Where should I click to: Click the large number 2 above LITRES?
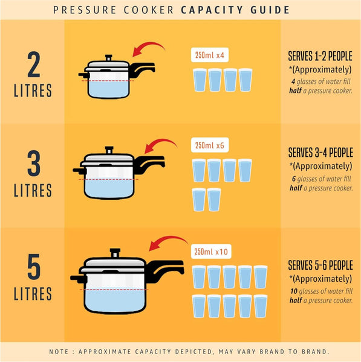click(34, 65)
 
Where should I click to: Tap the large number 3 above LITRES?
click(34, 164)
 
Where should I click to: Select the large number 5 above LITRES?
click(34, 267)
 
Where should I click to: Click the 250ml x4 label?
click(210, 55)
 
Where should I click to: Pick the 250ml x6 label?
click(210, 145)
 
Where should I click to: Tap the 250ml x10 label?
click(211, 251)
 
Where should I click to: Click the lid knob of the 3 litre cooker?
click(109, 150)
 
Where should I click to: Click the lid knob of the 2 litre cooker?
click(108, 58)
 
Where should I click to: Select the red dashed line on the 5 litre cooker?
click(114, 290)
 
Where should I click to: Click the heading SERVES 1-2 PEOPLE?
click(320, 56)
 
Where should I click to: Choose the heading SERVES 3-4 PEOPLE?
click(320, 153)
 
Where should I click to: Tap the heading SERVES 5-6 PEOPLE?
click(320, 265)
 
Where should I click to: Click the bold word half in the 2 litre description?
click(295, 91)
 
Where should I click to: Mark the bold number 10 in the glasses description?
click(294, 291)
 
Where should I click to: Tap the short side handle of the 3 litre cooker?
click(79, 171)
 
